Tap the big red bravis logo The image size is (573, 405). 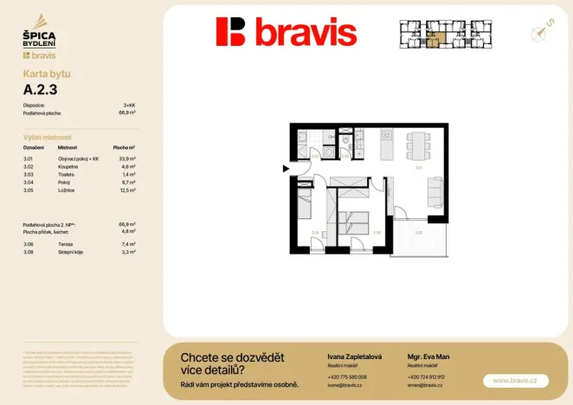tap(286, 32)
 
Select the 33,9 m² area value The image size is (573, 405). tap(126, 159)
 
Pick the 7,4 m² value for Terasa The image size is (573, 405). tap(126, 245)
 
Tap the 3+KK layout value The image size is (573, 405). tap(126, 105)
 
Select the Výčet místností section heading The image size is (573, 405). tap(48, 138)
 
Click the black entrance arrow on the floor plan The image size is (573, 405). tap(286, 170)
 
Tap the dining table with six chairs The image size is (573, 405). tap(418, 142)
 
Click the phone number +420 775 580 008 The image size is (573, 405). tap(347, 377)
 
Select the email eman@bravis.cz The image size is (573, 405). tap(426, 385)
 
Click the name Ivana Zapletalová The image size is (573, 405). tap(355, 357)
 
